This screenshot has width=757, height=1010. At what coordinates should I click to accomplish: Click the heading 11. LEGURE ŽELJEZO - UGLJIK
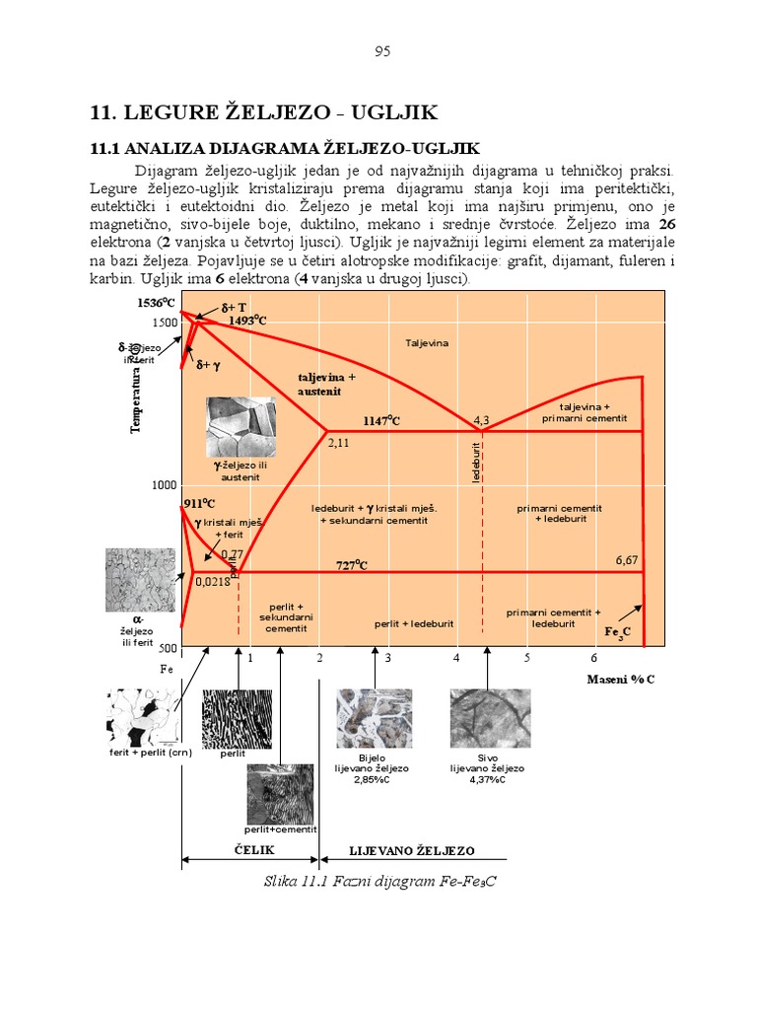[263, 111]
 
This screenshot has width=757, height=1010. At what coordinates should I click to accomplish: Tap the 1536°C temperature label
[158, 303]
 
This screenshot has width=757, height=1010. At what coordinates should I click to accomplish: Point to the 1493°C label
[248, 321]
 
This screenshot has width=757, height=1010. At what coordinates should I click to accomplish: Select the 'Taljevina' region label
[427, 342]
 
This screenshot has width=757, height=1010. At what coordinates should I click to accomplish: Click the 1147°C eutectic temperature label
[382, 421]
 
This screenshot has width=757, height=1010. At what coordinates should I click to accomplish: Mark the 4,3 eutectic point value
[481, 420]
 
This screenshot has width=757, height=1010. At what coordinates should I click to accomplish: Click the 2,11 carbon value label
[338, 443]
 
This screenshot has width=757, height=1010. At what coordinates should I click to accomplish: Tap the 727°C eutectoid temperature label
[351, 565]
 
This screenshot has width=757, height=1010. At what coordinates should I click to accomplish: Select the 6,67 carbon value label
[627, 559]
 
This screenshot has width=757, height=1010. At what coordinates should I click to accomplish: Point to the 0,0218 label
[212, 582]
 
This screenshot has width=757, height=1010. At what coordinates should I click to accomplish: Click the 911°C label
[199, 504]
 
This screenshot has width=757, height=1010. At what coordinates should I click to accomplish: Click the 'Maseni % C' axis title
[621, 680]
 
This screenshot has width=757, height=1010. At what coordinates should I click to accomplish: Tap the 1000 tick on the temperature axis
[163, 485]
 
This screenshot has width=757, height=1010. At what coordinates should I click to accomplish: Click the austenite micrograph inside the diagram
[241, 426]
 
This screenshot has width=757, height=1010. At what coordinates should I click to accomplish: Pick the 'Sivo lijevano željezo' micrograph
[490, 717]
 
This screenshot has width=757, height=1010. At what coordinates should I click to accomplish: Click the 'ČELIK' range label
[254, 850]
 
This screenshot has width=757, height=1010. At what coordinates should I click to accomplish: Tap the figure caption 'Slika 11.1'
[379, 881]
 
